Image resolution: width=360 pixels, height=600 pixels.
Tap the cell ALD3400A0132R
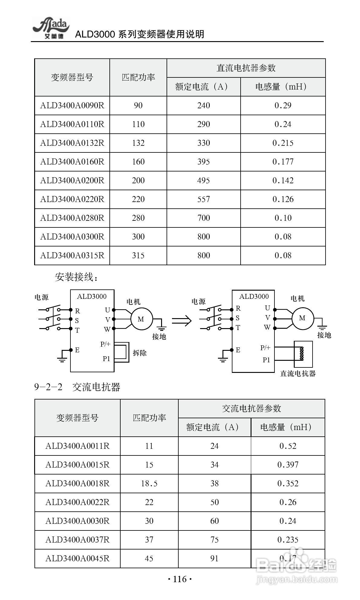point(72,143)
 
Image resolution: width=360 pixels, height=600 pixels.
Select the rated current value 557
point(203,199)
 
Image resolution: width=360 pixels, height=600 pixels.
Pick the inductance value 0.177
point(283,162)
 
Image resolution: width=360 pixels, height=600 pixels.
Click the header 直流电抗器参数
point(246,68)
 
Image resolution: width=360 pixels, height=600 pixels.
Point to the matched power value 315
point(138,256)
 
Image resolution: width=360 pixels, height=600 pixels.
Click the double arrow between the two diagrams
point(182,320)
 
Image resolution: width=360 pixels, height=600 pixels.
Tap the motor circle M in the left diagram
point(141,319)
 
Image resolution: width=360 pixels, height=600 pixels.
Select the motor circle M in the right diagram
point(302,318)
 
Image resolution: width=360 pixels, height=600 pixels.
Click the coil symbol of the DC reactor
point(301,354)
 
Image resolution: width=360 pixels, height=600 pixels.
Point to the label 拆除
point(140,353)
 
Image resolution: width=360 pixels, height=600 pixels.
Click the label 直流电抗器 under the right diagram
point(298,373)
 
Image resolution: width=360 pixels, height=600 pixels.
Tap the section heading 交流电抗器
point(96,387)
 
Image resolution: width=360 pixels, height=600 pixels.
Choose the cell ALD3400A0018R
point(77,484)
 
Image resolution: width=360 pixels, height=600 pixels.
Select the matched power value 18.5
point(149,484)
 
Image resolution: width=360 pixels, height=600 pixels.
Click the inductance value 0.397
point(288,465)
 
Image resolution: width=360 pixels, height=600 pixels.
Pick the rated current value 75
point(214,540)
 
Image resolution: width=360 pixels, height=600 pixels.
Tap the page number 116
point(180,579)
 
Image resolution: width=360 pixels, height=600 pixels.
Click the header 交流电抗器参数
point(251,409)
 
